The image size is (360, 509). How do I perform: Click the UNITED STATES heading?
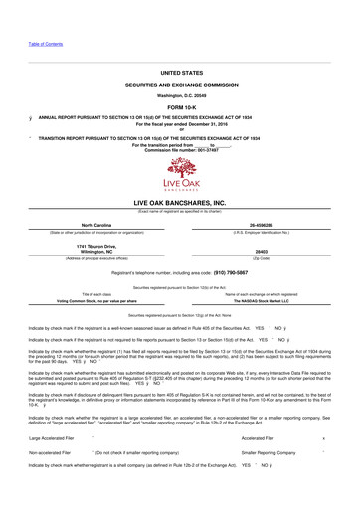(179, 73)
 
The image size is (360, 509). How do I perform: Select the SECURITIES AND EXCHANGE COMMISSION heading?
(179, 87)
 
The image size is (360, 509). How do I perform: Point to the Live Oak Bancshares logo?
(179, 175)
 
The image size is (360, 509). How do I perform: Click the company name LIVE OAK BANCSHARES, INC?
(179, 202)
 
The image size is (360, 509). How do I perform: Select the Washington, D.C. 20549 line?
(179, 95)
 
